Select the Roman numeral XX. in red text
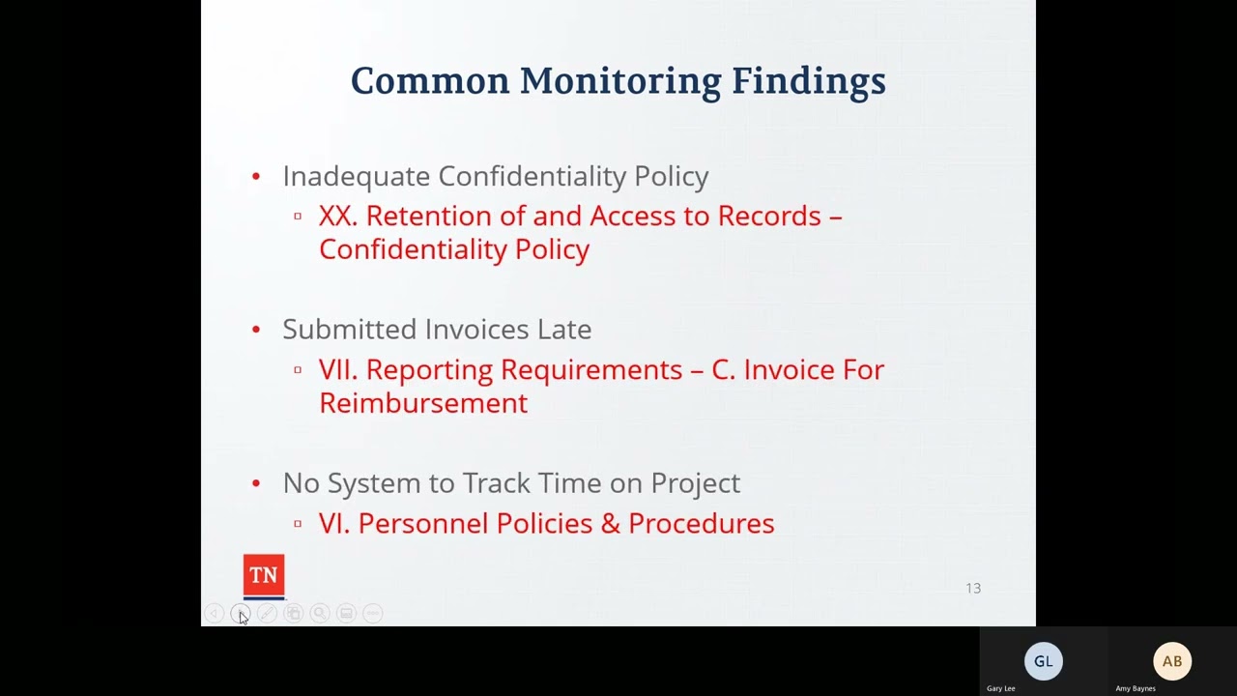click(x=337, y=216)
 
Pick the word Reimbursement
click(x=423, y=403)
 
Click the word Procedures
click(x=701, y=524)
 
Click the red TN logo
click(x=264, y=576)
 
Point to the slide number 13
click(x=973, y=588)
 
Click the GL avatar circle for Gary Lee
click(x=1043, y=661)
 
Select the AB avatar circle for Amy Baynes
click(x=1172, y=661)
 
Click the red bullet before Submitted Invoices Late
click(x=256, y=330)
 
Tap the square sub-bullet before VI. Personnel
click(x=298, y=524)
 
